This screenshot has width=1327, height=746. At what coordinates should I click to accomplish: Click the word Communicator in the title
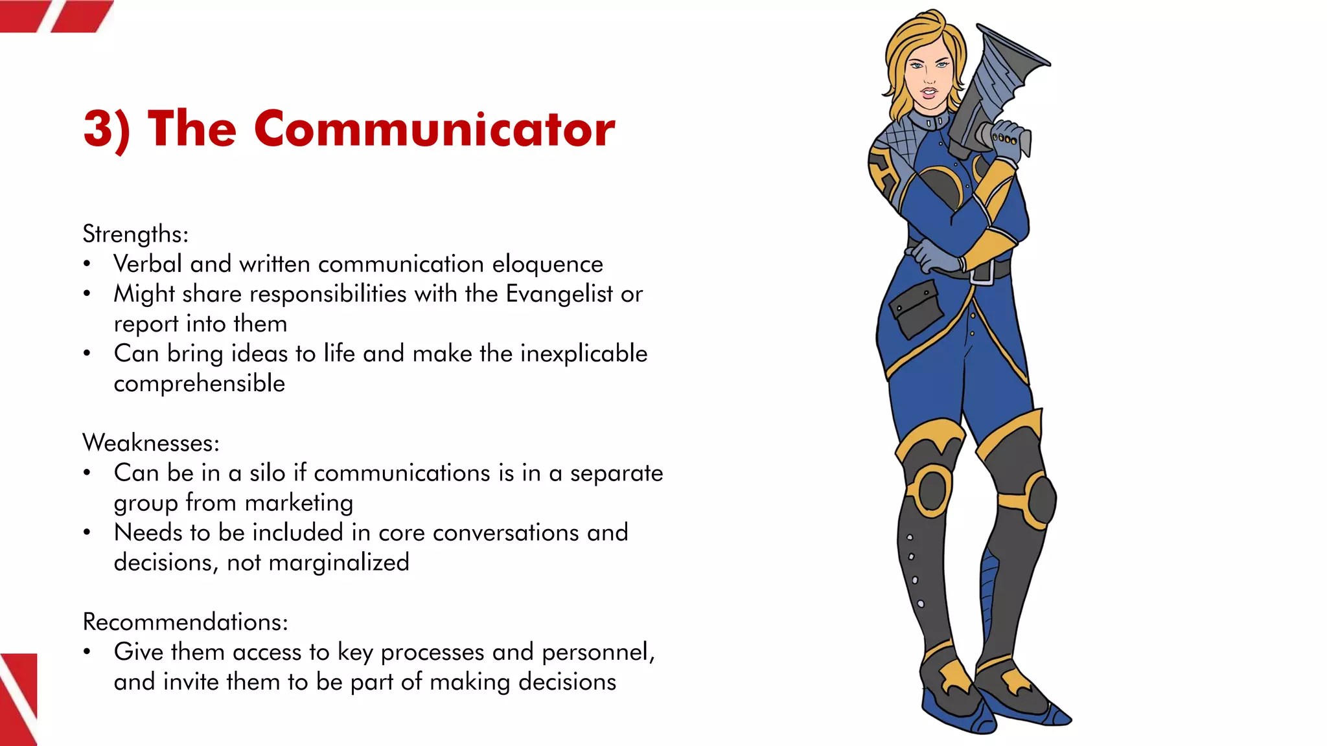tap(434, 128)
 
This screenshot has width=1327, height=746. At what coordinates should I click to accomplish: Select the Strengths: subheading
tap(135, 234)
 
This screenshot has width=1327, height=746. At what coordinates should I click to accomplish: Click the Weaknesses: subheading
tap(151, 443)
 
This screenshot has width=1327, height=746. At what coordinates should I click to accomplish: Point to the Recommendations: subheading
tap(185, 622)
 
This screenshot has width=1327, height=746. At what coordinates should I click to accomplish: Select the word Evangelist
tap(559, 294)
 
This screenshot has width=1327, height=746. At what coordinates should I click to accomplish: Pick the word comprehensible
tap(200, 383)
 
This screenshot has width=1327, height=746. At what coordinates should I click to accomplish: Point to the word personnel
tap(595, 652)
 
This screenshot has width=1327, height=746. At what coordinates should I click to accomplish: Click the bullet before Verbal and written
tap(87, 264)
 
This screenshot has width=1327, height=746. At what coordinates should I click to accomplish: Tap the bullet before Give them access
tap(87, 652)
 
